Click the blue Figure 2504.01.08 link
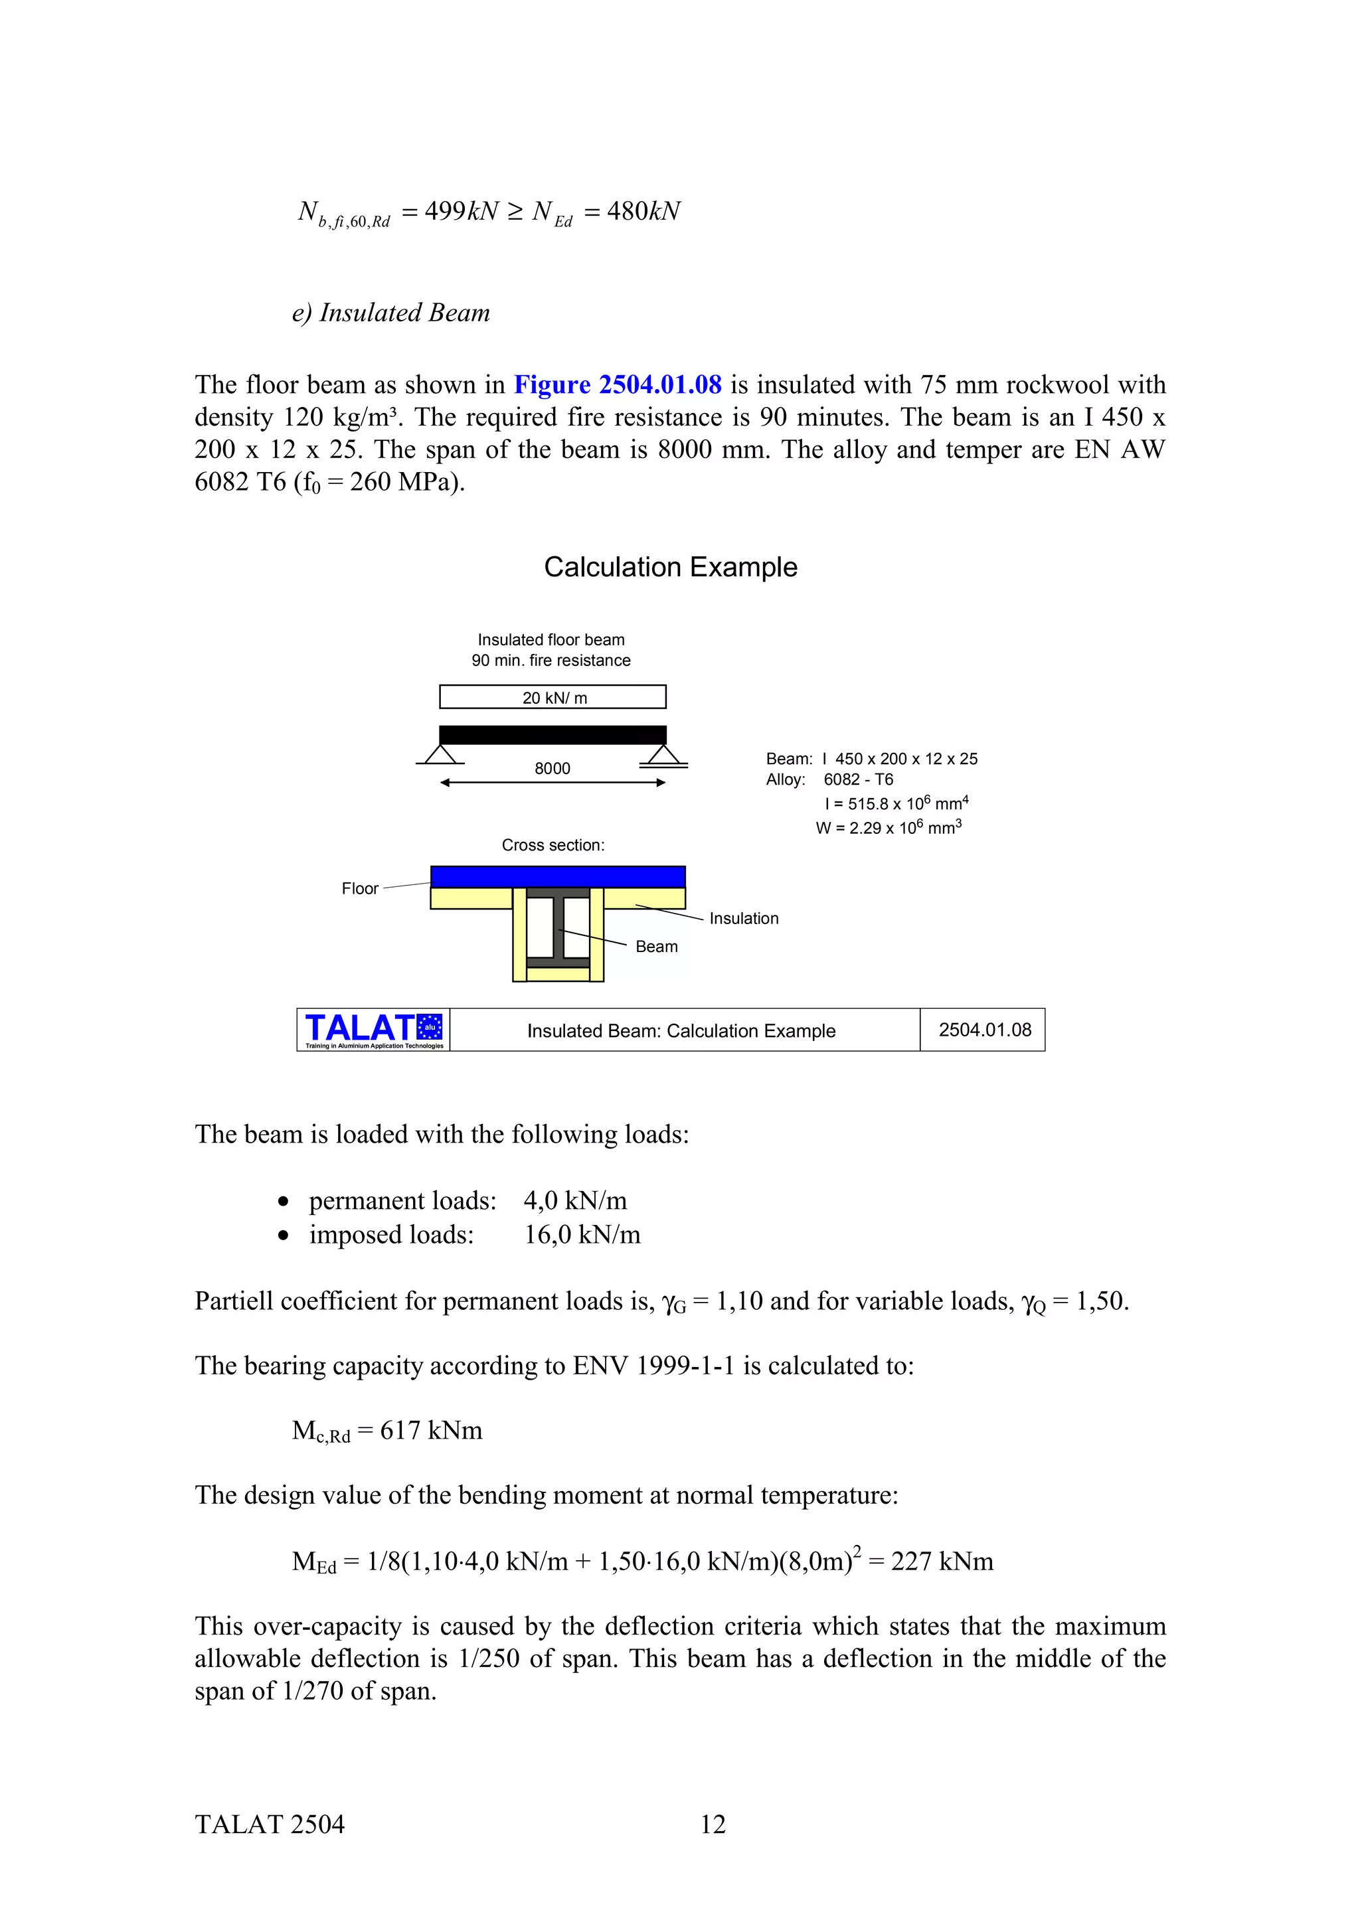pos(617,384)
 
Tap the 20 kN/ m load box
pos(553,697)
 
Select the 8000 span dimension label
pos(552,768)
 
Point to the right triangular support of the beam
pos(663,754)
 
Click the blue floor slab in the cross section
pos(557,876)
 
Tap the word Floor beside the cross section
pos(359,888)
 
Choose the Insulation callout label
pos(743,918)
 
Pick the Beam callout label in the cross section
pos(656,946)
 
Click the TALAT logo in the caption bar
pos(374,1029)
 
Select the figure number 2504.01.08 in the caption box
pos(985,1030)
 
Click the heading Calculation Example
pos(670,568)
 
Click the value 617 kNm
pos(431,1431)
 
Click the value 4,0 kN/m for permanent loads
pos(575,1201)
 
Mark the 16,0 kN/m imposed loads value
pos(582,1234)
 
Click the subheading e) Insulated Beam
pos(390,313)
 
